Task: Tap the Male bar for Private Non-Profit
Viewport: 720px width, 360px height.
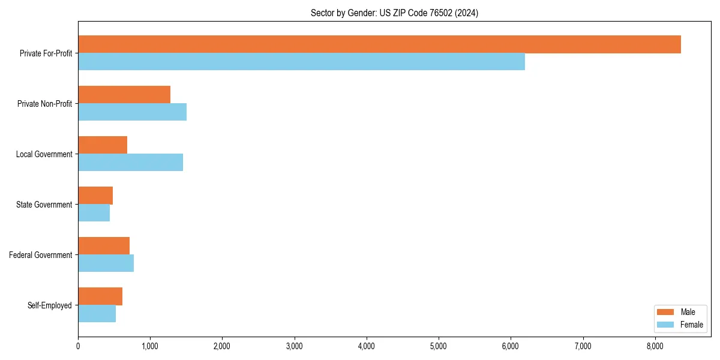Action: point(124,95)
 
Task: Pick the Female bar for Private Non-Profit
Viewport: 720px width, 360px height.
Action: point(132,112)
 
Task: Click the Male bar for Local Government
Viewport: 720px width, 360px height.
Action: point(103,145)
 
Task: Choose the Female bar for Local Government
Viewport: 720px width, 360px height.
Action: point(130,163)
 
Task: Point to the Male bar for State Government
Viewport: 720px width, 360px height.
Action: point(95,196)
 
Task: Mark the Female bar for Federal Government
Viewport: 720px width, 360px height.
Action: point(106,263)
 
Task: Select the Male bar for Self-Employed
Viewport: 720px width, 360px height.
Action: point(100,296)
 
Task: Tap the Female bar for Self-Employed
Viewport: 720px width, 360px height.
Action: point(97,314)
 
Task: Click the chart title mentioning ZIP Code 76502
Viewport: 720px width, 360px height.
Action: point(394,13)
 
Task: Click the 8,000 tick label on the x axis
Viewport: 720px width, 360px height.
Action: point(655,346)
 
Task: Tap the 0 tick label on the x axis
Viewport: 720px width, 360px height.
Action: point(78,346)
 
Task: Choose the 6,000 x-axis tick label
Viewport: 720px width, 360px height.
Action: point(511,346)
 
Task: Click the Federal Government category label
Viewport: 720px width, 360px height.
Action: point(40,255)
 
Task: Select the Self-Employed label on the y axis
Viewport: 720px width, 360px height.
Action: point(49,305)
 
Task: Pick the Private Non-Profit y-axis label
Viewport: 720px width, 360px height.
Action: point(44,104)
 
